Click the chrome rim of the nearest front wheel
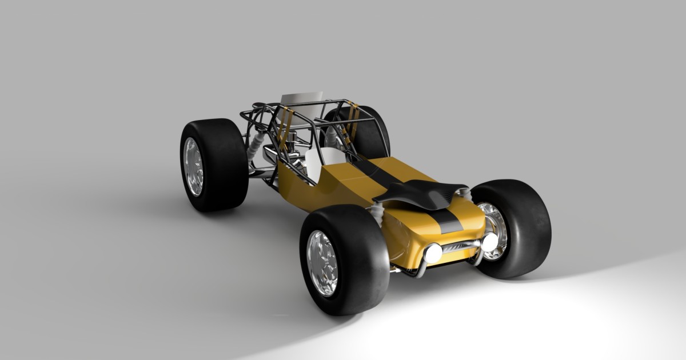[x=322, y=263]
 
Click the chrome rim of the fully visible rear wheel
[x=193, y=166]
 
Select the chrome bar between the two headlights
[x=460, y=246]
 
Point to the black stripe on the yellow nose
[x=449, y=223]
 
